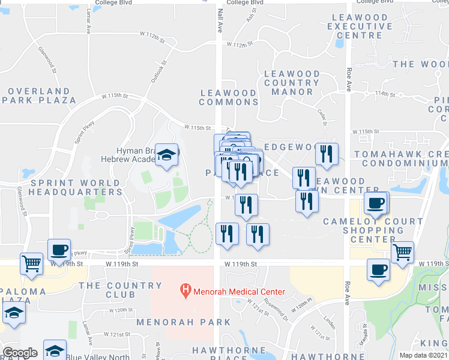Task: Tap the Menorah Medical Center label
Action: [239, 292]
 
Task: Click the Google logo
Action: [20, 353]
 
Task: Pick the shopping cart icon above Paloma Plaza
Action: [31, 262]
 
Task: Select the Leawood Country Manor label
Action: [292, 83]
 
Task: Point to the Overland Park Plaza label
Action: [42, 95]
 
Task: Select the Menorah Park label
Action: [175, 322]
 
